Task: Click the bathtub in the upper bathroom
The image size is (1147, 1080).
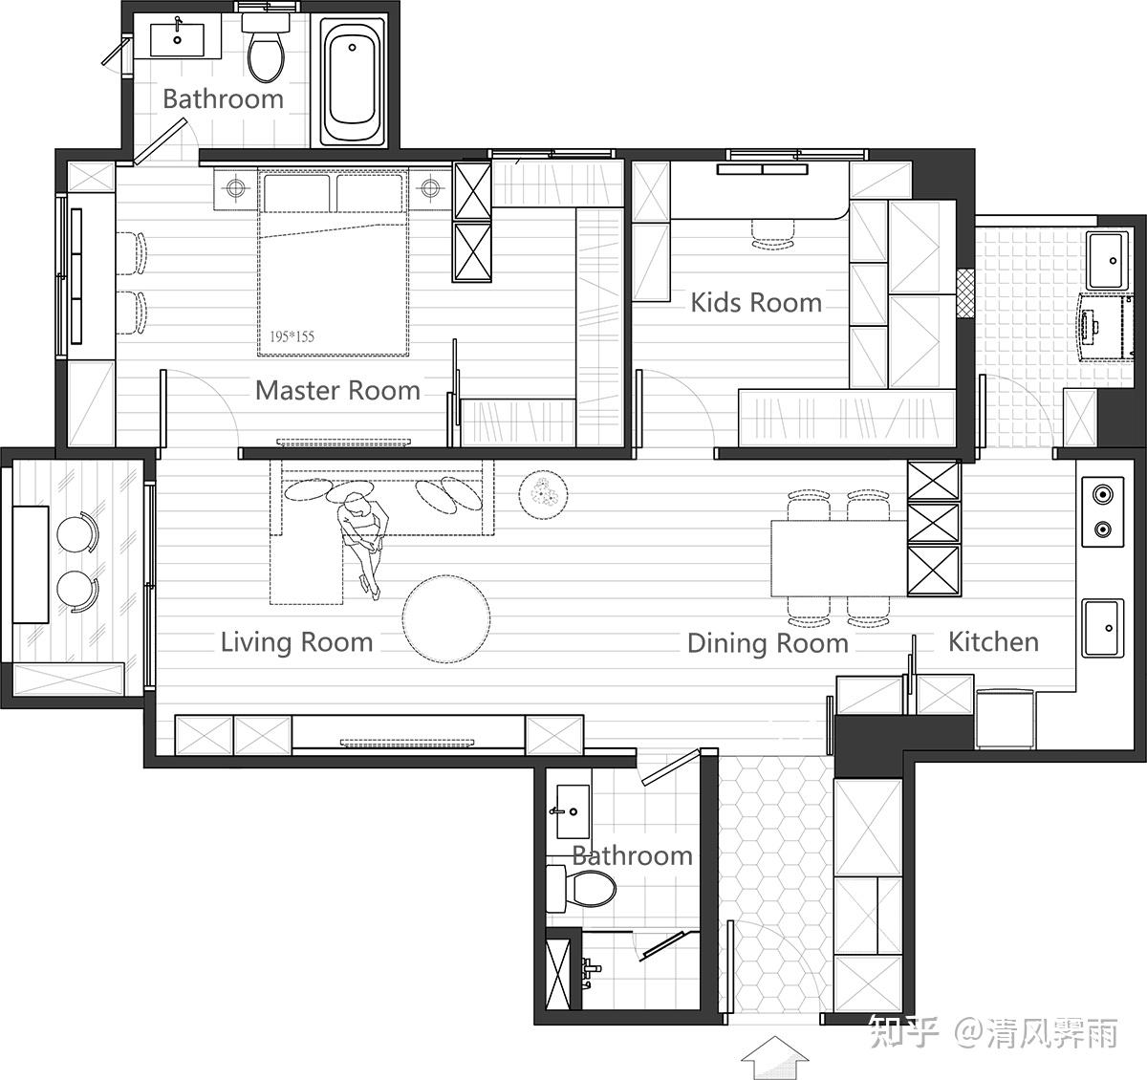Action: (x=353, y=81)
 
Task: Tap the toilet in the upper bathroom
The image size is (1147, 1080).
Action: (x=266, y=48)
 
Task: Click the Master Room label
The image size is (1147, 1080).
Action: (x=337, y=390)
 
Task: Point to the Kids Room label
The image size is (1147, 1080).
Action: (x=756, y=303)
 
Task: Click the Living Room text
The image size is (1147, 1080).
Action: (x=297, y=642)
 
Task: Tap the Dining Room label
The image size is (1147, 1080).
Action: (x=768, y=643)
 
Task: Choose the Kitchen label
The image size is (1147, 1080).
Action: (x=993, y=641)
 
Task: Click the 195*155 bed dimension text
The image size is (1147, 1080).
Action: (x=292, y=336)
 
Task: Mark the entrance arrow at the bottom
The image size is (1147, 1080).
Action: (x=774, y=1057)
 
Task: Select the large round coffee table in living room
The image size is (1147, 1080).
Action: (x=446, y=618)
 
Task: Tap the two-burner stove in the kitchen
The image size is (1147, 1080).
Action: (x=1102, y=511)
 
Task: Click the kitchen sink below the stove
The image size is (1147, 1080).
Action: (x=1102, y=628)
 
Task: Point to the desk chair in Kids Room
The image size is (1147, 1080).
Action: (x=773, y=234)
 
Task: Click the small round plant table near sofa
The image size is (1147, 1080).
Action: (x=543, y=495)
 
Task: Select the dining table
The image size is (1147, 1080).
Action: (x=838, y=558)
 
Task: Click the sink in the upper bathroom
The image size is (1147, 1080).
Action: (x=177, y=39)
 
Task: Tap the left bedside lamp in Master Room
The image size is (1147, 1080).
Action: (x=235, y=187)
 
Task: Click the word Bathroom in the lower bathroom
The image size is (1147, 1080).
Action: (x=633, y=855)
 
